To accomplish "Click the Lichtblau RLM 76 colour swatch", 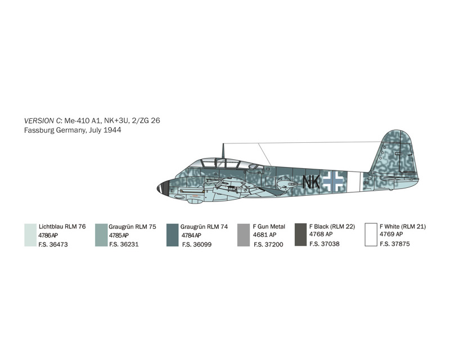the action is pos(30,235).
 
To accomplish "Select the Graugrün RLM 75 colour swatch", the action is pos(101,235).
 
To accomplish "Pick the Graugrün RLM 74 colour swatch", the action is pos(173,235).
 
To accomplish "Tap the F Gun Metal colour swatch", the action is pos(244,235).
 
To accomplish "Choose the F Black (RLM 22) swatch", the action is pos(300,235).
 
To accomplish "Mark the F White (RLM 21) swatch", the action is pos(371,235).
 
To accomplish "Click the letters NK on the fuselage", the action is pos(311,182).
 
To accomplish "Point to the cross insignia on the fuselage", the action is pos(333,181).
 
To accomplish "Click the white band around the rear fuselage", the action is pos(354,182).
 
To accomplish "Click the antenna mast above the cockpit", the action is pos(223,151).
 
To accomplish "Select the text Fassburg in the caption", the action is pos(39,130).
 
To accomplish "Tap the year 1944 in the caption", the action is pos(112,130).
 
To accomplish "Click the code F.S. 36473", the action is pos(53,245).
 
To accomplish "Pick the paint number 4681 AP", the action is pos(264,235).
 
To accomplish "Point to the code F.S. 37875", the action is pos(395,244).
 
